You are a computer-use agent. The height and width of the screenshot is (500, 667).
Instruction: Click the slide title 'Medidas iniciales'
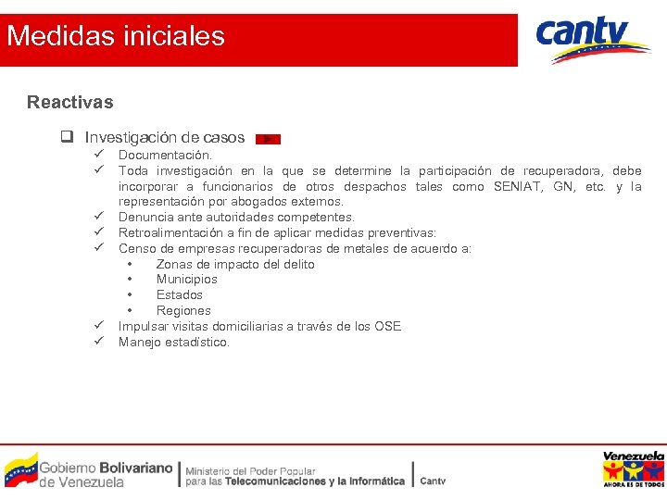(116, 37)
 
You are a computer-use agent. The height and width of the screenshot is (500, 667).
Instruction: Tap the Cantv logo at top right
(593, 40)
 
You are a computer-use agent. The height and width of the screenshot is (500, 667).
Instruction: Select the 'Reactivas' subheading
(70, 102)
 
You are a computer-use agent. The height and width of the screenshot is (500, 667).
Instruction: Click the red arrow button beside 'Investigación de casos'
(267, 139)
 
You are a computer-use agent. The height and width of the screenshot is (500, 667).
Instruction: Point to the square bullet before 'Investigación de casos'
(68, 138)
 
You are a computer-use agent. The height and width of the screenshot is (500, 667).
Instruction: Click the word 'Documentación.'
(165, 156)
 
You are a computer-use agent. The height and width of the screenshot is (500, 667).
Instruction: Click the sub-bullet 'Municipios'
(187, 280)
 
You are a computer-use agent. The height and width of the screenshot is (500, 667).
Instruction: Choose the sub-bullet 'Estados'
(180, 295)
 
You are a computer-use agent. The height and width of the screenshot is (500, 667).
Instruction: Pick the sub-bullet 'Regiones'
(183, 311)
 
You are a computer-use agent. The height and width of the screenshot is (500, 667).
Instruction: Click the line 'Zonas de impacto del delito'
(235, 265)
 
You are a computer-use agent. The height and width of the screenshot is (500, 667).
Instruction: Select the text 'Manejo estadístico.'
(174, 343)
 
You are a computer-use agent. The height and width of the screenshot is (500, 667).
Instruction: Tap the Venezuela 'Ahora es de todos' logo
(633, 469)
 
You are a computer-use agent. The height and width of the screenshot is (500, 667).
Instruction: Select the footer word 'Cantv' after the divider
(433, 481)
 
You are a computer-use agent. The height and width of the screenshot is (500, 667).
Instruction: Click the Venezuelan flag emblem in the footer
(20, 470)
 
